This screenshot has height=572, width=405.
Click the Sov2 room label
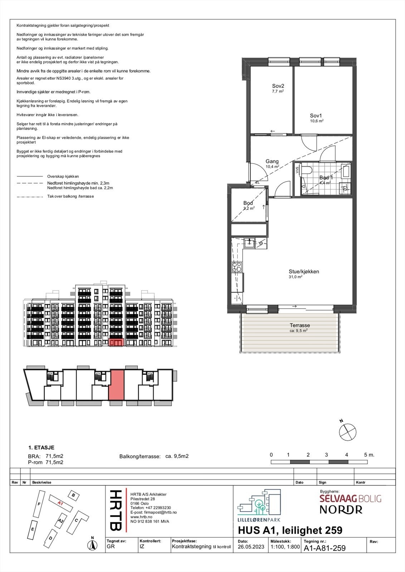click(x=278, y=86)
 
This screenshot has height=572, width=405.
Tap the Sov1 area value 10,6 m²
click(x=316, y=121)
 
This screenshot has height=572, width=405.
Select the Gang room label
click(x=272, y=161)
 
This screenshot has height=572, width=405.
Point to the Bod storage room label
click(x=248, y=203)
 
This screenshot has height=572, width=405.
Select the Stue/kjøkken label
click(x=304, y=271)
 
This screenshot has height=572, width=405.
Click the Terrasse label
click(x=299, y=325)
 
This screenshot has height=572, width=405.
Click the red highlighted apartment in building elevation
click(x=116, y=342)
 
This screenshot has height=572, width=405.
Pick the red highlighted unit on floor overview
click(x=116, y=385)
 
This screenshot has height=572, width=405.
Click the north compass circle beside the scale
click(x=347, y=432)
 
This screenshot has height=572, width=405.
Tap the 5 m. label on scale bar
click(x=369, y=455)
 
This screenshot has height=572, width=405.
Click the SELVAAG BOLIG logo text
click(x=350, y=499)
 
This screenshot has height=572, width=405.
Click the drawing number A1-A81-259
click(x=325, y=548)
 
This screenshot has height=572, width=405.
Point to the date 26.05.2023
click(x=251, y=547)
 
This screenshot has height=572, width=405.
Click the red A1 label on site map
click(x=60, y=503)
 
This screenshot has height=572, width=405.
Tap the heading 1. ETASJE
click(x=41, y=447)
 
